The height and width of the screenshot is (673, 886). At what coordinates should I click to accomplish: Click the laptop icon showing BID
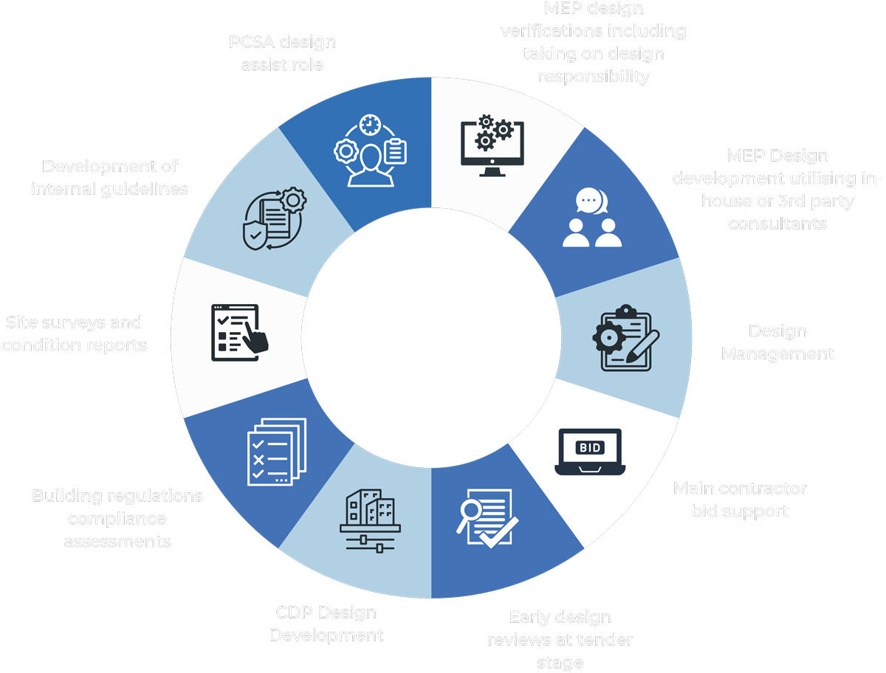(x=590, y=452)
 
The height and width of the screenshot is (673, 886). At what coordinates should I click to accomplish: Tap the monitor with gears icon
(x=492, y=145)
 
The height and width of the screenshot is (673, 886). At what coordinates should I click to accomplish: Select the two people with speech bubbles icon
(x=593, y=218)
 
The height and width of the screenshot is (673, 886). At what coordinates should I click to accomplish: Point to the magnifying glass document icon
(x=484, y=517)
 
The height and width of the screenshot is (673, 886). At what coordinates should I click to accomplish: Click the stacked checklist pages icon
(x=274, y=451)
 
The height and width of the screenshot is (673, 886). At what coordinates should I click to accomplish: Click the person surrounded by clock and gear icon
(x=370, y=151)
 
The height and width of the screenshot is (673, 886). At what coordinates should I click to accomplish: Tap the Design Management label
(x=777, y=342)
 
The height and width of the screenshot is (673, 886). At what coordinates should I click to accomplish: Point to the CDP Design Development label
(x=326, y=624)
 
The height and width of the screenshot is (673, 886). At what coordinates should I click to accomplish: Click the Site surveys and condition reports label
(x=74, y=334)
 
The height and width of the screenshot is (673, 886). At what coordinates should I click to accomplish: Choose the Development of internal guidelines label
(x=109, y=178)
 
